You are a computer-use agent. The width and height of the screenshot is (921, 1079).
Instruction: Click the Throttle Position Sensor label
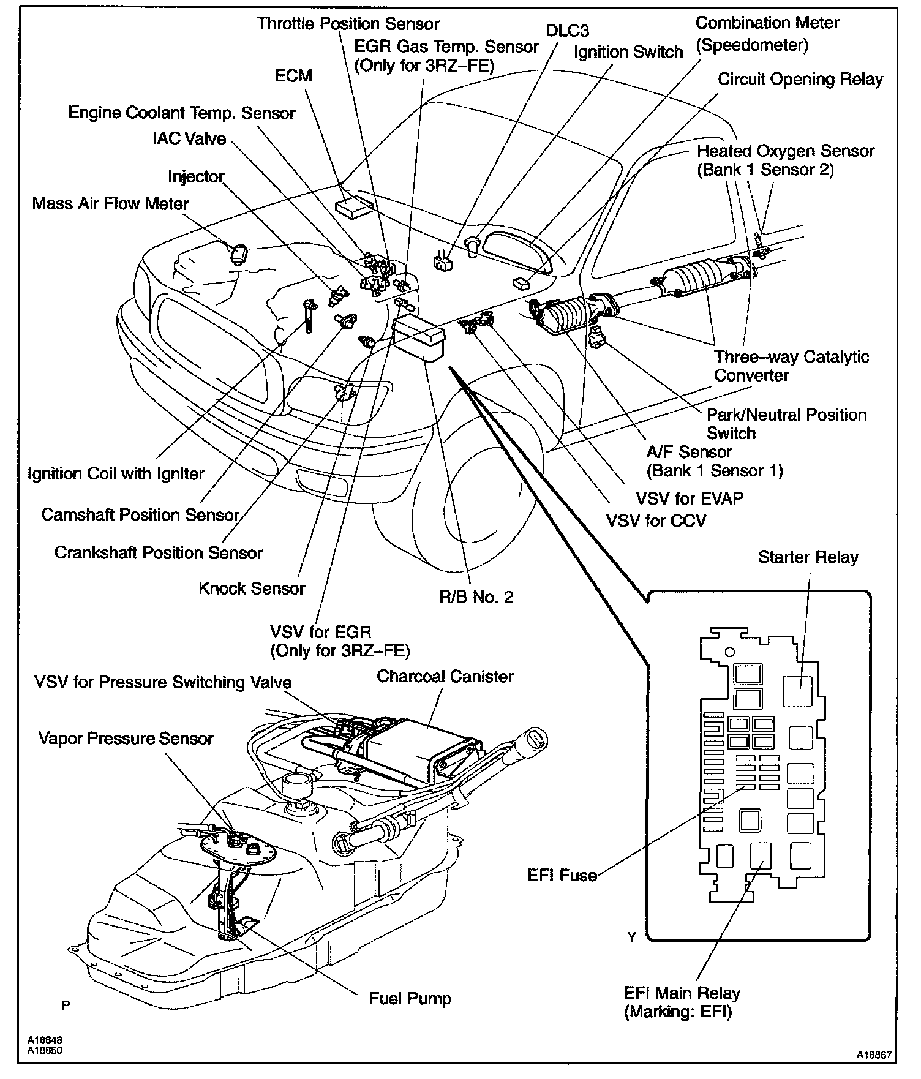coord(348,24)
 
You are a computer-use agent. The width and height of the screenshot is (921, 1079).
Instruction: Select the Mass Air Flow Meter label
coord(110,203)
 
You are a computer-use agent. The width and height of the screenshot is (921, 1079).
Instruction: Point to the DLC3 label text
coord(567,31)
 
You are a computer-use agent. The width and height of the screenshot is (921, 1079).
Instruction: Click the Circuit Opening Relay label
coord(800,80)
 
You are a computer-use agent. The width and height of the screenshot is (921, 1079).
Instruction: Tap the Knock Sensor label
coord(252,588)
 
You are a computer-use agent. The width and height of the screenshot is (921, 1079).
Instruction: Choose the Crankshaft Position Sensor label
coord(159,552)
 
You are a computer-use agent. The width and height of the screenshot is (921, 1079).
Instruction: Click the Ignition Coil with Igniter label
coord(116,473)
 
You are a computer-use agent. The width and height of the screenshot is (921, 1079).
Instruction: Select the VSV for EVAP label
coord(690,498)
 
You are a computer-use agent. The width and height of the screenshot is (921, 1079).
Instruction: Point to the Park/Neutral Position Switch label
coord(786,424)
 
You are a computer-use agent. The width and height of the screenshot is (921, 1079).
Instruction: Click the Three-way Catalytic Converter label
coord(791,366)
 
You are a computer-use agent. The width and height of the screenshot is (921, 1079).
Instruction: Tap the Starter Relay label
coord(808,557)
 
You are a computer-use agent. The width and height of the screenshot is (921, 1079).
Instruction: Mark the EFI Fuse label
coord(562,875)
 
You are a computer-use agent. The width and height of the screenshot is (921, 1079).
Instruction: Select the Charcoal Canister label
coord(445,677)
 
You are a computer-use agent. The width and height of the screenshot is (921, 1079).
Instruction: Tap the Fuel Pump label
coord(410,999)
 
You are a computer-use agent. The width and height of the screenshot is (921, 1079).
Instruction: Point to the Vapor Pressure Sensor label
coord(126,738)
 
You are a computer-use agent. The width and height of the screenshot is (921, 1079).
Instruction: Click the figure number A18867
coord(874,1055)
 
